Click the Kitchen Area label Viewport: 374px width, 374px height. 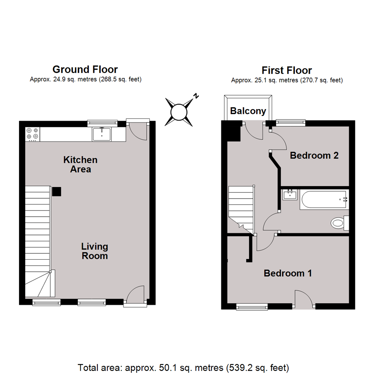pos(80,164)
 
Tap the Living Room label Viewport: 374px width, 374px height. pos(95,251)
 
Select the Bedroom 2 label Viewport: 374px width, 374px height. pos(314,155)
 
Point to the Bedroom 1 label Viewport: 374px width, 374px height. pos(288,273)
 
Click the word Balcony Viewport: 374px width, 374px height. pos(248,111)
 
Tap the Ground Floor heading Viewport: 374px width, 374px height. pos(85,69)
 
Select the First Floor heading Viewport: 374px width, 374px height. pos(287,70)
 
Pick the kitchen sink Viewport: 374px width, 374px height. pos(102,134)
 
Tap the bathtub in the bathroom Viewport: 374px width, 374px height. pos(324,199)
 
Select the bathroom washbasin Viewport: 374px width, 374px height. pos(290,195)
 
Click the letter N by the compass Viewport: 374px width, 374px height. pos(196,96)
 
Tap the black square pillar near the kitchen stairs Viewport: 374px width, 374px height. pos(56,192)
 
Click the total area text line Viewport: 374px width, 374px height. pos(184,367)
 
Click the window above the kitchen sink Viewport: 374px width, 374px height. pos(102,123)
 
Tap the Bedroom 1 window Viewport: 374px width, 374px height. pos(252,306)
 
